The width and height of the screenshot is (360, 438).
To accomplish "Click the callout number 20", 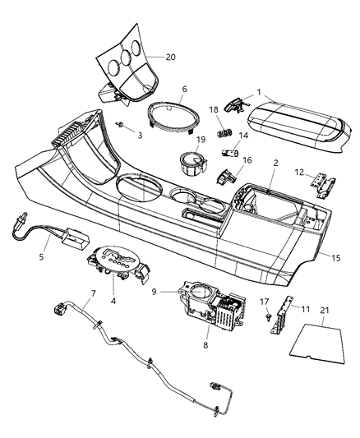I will [170, 57].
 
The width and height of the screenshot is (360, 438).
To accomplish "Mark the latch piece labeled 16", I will [224, 175].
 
